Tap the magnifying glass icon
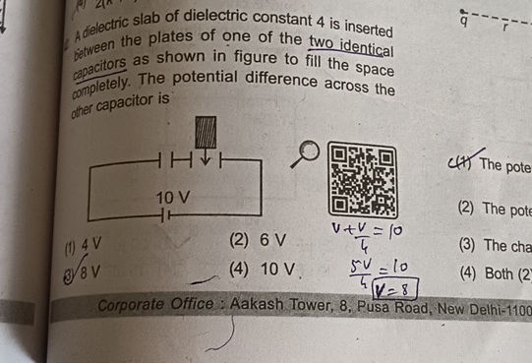308,151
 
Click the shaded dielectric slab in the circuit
206,131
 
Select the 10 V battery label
173,199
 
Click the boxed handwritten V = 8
390,288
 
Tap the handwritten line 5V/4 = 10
370,271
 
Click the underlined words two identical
348,44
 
